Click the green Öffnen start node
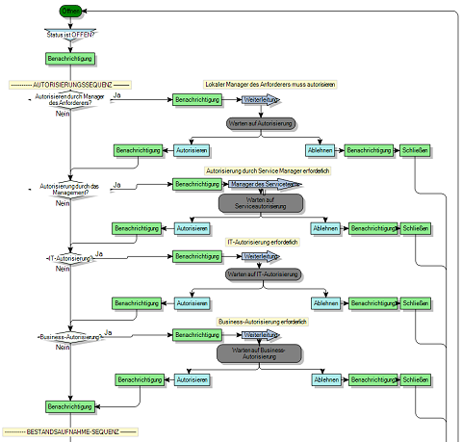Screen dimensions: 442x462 tap(70, 11)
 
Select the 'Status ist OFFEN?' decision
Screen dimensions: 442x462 tap(69, 35)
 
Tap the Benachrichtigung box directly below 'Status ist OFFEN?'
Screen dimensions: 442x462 tap(69, 59)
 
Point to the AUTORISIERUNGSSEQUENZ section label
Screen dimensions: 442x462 tap(68, 86)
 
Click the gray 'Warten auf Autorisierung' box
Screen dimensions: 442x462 tap(260, 124)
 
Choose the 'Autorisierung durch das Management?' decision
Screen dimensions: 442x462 tap(69, 188)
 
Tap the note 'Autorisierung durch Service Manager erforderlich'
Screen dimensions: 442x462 tap(269, 170)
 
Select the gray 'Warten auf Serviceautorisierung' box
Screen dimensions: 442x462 tap(261, 203)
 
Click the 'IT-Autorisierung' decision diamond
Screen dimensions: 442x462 tap(69, 258)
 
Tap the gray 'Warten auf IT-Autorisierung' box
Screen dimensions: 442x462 tap(261, 274)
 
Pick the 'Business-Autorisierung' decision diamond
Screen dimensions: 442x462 tap(69, 337)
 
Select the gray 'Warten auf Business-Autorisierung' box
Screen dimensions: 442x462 tap(259, 353)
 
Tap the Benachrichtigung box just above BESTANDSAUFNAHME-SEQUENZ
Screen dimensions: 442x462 tap(69, 406)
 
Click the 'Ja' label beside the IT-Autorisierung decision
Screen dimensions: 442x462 tap(99, 252)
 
